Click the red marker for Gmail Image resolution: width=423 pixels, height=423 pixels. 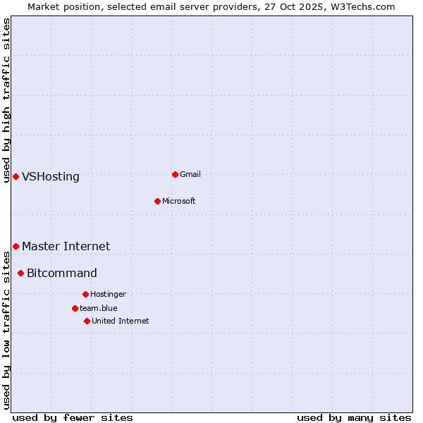click(175, 174)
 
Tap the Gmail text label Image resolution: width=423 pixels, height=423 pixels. click(190, 174)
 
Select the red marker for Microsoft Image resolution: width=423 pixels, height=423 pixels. click(157, 201)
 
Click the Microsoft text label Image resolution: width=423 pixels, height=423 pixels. click(178, 201)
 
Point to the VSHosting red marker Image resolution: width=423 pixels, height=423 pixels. click(16, 176)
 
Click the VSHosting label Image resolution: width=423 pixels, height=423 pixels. click(51, 177)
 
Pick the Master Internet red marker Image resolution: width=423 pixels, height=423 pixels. click(16, 246)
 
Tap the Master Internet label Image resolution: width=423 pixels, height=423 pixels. click(66, 246)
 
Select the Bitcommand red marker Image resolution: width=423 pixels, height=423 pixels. click(20, 273)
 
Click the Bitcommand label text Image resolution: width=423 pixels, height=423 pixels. click(62, 273)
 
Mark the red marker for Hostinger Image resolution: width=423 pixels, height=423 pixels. click(85, 294)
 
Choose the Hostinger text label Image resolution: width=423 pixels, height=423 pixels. click(108, 294)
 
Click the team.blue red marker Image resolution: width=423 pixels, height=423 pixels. click(75, 308)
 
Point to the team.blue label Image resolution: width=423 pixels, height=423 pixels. click(98, 308)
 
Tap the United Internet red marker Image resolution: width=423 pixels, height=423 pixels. click(87, 321)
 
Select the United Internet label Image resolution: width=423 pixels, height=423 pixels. click(120, 321)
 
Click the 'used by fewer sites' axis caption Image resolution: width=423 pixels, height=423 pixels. click(73, 417)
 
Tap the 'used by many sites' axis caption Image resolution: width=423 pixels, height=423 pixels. click(354, 417)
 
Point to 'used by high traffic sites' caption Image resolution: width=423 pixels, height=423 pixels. click(6, 100)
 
